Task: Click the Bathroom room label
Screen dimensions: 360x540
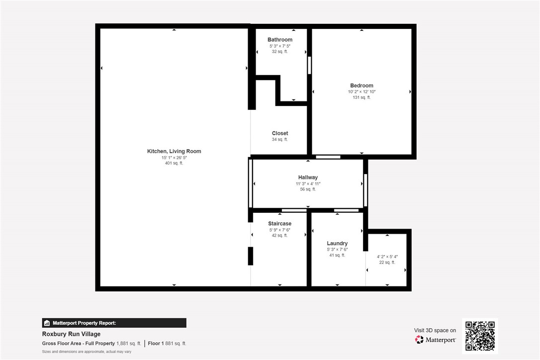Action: [280, 40]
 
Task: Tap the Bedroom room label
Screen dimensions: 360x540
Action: [361, 86]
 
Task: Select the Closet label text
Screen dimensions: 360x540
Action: [280, 133]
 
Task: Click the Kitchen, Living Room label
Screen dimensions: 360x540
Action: [174, 151]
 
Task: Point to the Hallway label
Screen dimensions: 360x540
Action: [308, 178]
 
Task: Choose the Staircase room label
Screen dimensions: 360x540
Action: [279, 224]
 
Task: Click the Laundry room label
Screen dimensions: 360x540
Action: [337, 244]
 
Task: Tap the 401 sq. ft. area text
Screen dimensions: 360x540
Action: [174, 163]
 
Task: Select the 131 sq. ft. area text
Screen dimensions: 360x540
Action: [361, 97]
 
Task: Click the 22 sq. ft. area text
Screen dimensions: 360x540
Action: [387, 263]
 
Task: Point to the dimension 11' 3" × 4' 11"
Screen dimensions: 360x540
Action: [308, 183]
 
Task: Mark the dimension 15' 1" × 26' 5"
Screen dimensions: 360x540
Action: [174, 158]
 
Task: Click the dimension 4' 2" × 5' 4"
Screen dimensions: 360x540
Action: [387, 257]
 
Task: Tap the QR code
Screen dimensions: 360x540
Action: [480, 336]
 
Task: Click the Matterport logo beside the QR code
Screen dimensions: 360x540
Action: [435, 340]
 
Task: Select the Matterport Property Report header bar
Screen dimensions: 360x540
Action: [114, 323]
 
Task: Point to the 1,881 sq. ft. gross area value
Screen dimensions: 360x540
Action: [128, 344]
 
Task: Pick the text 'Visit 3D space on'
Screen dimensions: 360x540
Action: [435, 330]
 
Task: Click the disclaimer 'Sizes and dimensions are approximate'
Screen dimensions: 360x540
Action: [87, 352]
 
